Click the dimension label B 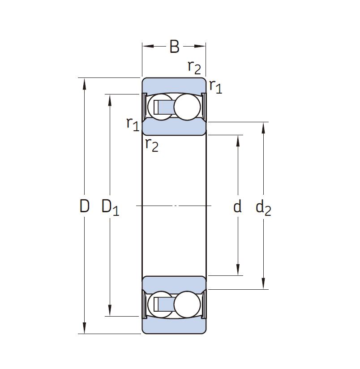(174, 47)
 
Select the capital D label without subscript (85, 206)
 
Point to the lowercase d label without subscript (237, 206)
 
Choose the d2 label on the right (263, 207)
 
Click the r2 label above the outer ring (194, 67)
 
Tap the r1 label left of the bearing (133, 123)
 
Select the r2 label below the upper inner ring (152, 145)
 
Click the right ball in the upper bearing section (187, 107)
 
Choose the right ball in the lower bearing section (187, 304)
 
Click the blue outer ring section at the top (174, 85)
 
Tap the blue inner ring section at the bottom (174, 283)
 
